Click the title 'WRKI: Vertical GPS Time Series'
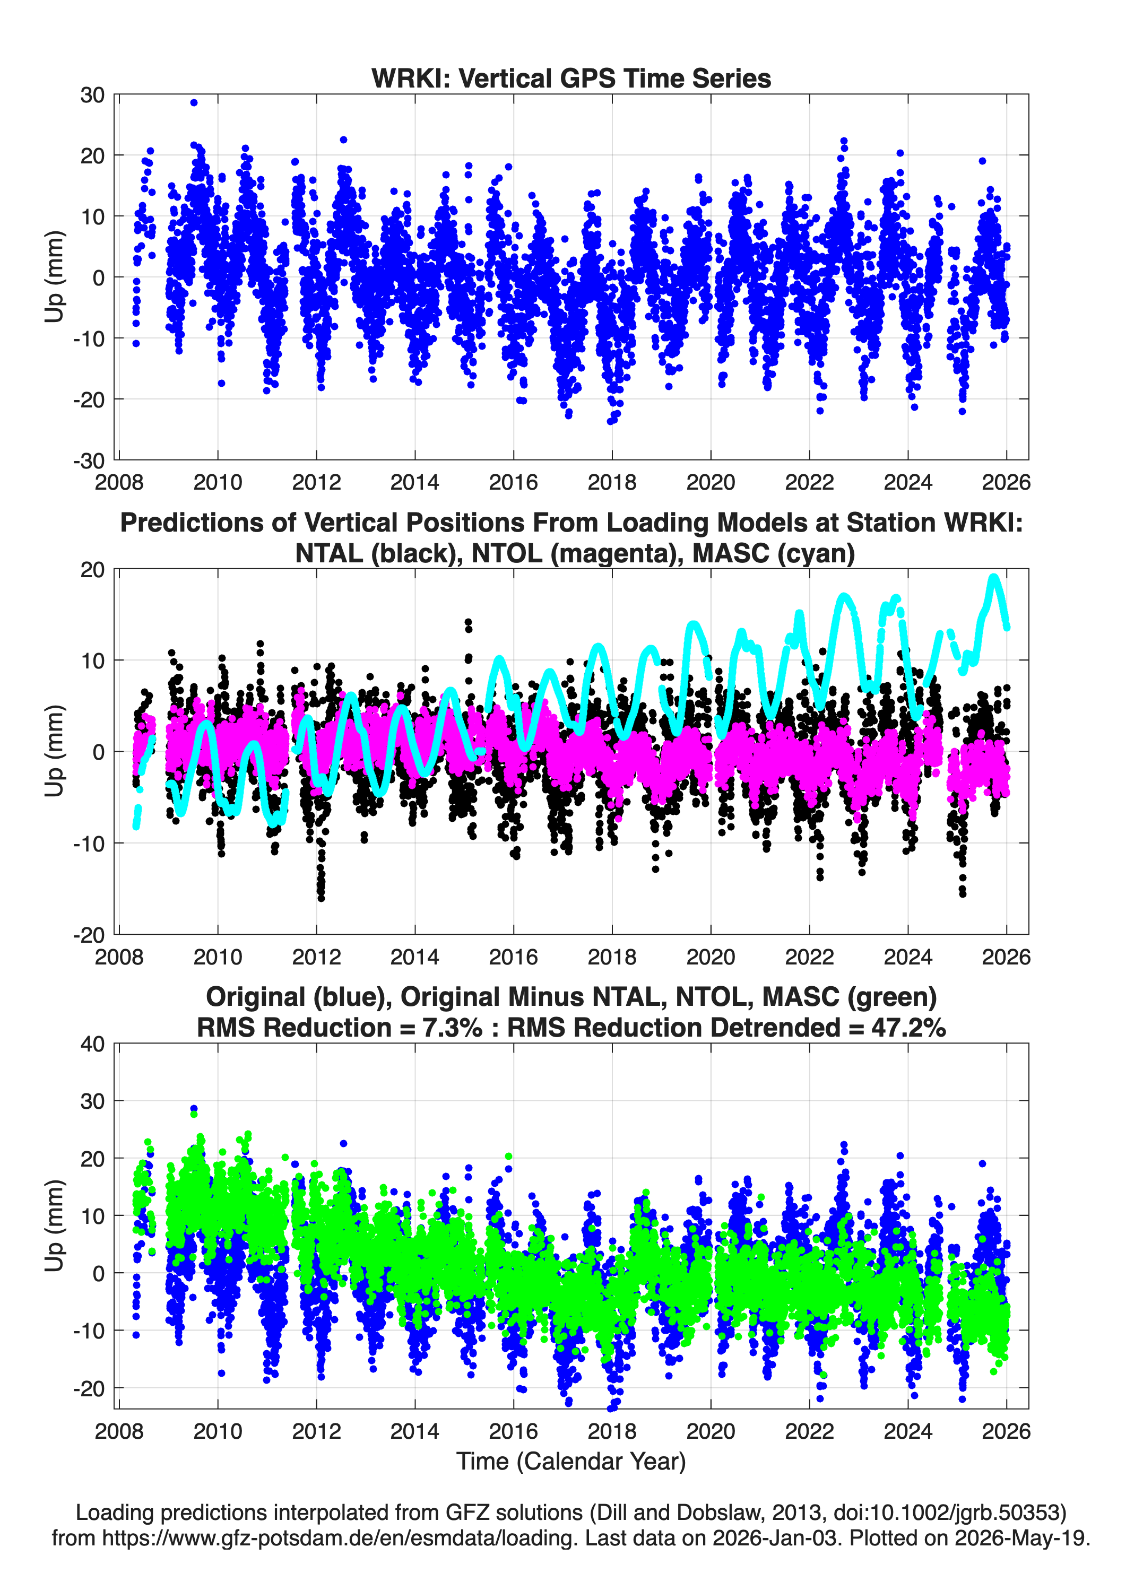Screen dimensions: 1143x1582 pos(571,78)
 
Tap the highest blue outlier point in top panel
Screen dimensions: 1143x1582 pos(194,102)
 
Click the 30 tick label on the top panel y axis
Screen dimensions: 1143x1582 pos(92,95)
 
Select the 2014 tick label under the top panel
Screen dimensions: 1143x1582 pos(414,482)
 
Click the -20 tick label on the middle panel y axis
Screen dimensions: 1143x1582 pos(88,935)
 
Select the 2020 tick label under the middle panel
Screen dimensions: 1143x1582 pos(711,957)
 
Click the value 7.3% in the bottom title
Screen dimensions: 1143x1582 pos(452,1028)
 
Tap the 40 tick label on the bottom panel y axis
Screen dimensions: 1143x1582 pos(92,1044)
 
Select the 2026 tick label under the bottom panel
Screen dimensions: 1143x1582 pos(1006,1431)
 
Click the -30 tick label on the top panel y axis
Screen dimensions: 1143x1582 pos(88,460)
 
